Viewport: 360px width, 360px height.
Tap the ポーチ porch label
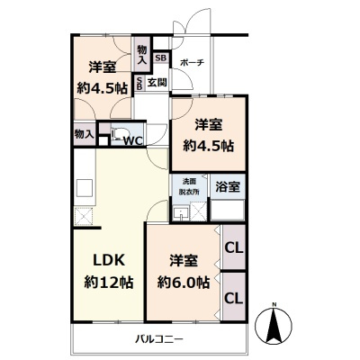192,62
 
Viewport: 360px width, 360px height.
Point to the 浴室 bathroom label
227,186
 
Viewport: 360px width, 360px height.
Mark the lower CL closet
232,297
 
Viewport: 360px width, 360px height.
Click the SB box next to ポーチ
160,58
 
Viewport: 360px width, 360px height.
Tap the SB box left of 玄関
139,83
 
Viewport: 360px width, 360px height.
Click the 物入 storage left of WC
83,134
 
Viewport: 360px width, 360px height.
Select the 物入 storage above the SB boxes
141,54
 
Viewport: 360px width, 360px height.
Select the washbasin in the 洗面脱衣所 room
183,212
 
